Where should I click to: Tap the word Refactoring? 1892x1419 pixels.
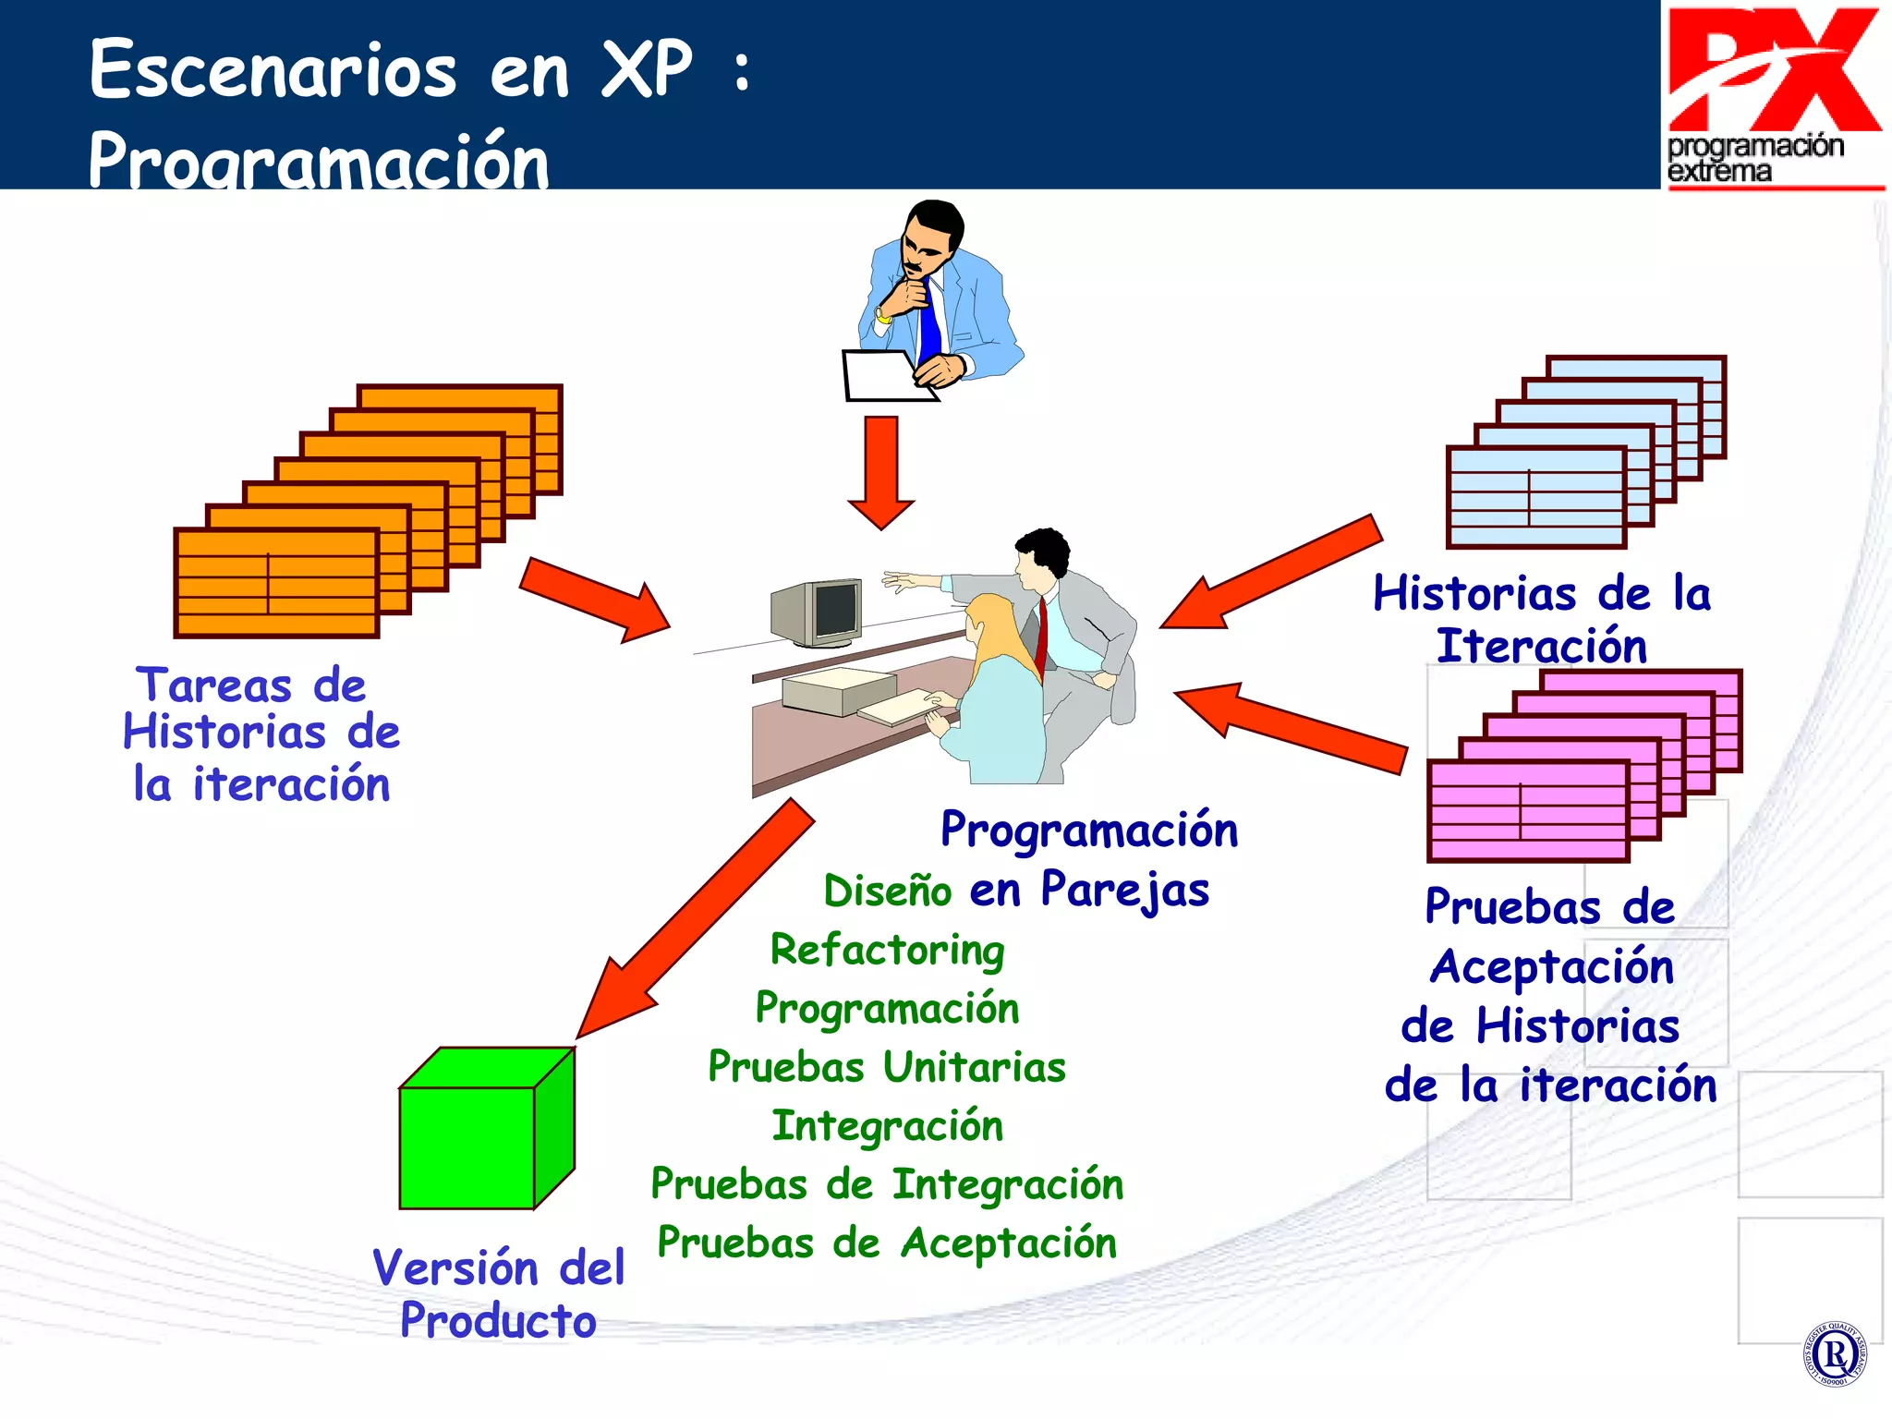pos(887,950)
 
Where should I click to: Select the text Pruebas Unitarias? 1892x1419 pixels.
pos(887,1067)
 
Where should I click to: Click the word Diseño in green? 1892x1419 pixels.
pos(887,891)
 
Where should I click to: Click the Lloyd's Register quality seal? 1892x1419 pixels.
pos(1834,1354)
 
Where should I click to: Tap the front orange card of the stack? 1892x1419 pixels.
pos(276,583)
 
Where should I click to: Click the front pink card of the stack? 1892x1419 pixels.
pos(1528,811)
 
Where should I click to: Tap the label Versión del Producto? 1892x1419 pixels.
pos(499,1293)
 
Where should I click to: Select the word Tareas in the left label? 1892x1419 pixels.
pos(214,685)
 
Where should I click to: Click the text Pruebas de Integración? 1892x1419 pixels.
pos(887,1184)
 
